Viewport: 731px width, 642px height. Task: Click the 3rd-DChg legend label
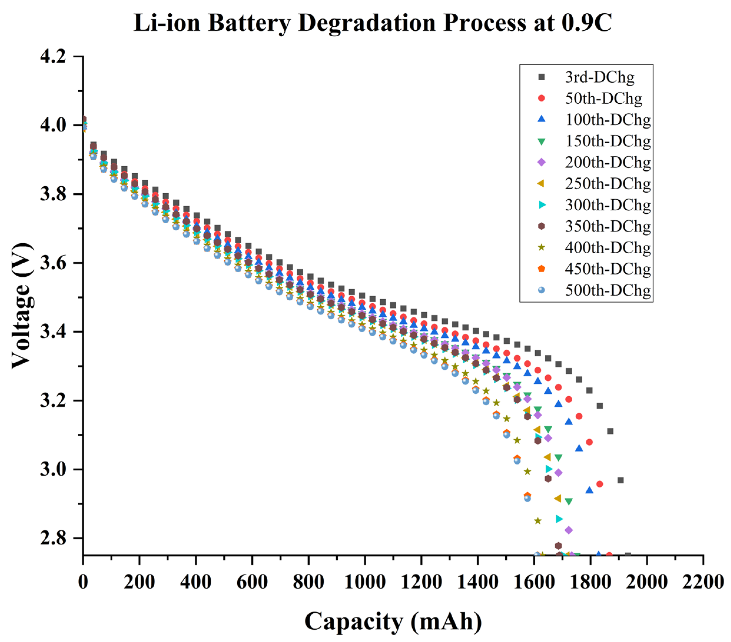[599, 77]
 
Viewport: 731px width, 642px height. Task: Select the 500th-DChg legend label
[608, 290]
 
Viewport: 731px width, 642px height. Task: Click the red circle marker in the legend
[541, 98]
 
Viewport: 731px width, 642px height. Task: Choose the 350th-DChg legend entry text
[608, 226]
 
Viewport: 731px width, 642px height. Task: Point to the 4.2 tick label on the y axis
[54, 57]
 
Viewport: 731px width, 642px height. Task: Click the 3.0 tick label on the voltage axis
[54, 469]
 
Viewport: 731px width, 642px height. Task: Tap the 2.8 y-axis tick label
[54, 538]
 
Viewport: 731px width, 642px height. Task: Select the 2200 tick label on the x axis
[703, 582]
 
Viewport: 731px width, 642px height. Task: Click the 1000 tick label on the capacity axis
[365, 582]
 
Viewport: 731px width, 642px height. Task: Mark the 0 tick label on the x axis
[83, 582]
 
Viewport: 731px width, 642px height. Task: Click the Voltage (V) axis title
[22, 306]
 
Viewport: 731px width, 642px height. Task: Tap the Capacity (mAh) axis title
[393, 621]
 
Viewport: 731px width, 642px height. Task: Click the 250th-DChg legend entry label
[608, 184]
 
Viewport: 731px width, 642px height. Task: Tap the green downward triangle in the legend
[541, 141]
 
